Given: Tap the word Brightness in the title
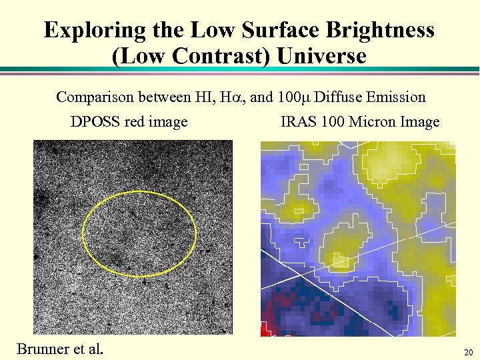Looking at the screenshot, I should click(x=379, y=30).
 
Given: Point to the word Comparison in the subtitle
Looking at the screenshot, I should click(x=95, y=97).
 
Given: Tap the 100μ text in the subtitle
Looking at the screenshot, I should click(x=293, y=97).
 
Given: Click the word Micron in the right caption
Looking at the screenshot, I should click(x=373, y=122).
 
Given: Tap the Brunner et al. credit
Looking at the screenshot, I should click(x=60, y=349).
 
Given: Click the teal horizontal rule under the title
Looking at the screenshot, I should click(x=240, y=69).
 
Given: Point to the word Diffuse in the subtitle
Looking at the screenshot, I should click(x=337, y=97).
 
